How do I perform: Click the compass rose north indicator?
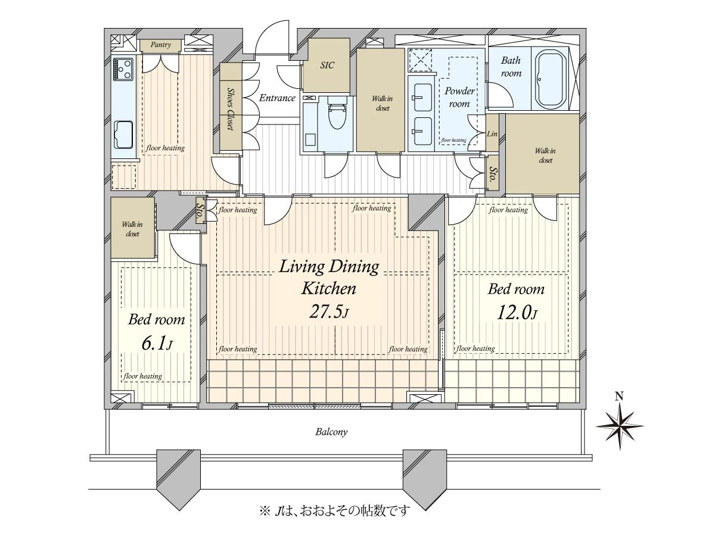point(620,422)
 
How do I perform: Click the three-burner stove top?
point(123,69)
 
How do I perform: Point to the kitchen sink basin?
point(123,135)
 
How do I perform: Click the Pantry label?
point(161,45)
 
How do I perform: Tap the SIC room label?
point(327,65)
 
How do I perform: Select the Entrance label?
point(277,98)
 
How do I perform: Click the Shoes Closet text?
point(231,110)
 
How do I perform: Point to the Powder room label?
point(459,97)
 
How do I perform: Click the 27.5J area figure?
point(329,311)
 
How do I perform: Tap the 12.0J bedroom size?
point(517,313)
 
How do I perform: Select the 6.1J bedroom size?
point(157,344)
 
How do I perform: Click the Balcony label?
point(331,432)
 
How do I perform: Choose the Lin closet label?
point(492,134)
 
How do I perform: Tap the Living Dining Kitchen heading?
point(329,278)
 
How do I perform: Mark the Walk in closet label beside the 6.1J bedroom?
point(132,229)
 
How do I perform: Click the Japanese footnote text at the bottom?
point(334,510)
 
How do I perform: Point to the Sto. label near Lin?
point(493,174)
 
